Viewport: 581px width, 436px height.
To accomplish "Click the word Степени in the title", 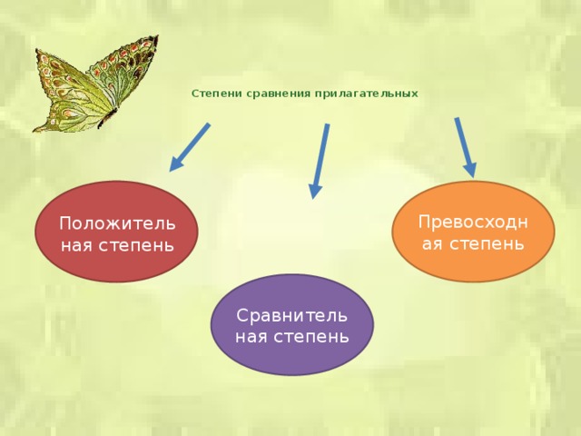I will pos(214,94).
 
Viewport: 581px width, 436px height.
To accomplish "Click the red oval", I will pos(116,232).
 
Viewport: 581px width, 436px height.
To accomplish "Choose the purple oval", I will pos(291,324).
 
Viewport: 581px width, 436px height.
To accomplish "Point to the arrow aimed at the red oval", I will pos(191,147).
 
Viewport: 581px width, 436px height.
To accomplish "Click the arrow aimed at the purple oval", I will pos(320,160).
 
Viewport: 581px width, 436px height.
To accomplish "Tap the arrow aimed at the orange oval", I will pos(465,145).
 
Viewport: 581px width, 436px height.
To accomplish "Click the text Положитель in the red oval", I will pos(116,223).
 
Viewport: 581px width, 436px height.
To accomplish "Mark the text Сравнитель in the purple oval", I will pos(291,315).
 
